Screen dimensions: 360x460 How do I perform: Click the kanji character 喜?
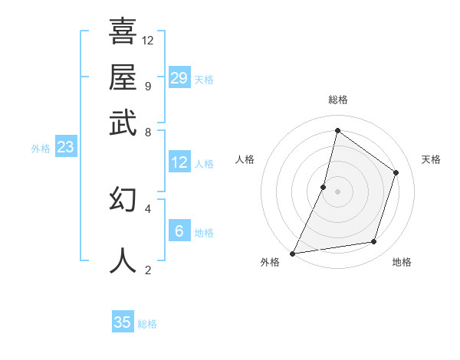[123, 31]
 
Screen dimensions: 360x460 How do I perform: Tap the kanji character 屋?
[123, 77]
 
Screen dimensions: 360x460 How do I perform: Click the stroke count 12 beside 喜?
[148, 40]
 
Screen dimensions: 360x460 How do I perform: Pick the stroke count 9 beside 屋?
[147, 86]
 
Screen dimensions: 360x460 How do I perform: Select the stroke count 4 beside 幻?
[147, 208]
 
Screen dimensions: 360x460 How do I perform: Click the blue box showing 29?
[179, 78]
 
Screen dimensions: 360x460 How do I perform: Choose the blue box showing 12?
[179, 162]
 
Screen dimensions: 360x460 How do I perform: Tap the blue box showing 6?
[179, 231]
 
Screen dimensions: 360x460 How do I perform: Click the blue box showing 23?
[65, 147]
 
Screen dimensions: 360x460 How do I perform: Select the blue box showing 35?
[123, 322]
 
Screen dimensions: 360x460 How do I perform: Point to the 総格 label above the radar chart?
[337, 100]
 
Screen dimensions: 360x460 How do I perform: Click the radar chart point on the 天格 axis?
[396, 172]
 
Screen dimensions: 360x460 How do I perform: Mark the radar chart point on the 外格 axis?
[293, 253]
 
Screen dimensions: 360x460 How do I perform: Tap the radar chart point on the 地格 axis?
[374, 242]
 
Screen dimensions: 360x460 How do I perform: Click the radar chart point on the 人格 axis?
[324, 187]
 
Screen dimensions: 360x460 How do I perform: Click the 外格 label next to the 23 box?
[41, 149]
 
